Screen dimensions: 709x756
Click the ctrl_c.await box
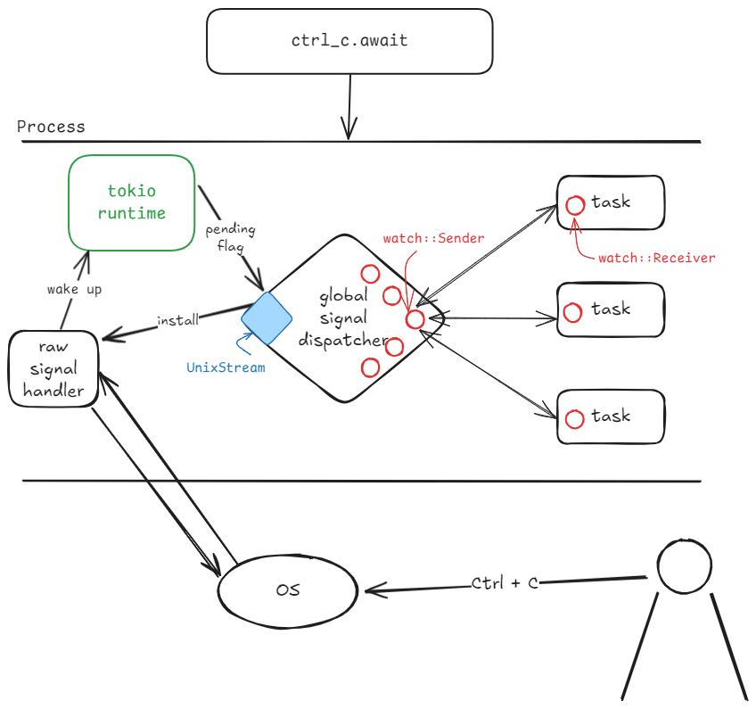349,41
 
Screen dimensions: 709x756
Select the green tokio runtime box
132,202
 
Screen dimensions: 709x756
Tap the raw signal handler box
53,368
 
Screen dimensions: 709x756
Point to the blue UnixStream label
226,367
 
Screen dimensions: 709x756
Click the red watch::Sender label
433,239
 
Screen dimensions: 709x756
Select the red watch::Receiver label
656,258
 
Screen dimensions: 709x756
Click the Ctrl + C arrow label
505,583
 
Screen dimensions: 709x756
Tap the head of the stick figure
685,566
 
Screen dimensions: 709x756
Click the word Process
51,127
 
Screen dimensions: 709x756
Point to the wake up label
74,290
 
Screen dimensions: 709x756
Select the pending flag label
229,237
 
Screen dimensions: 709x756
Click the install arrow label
177,319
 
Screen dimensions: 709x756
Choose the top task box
611,202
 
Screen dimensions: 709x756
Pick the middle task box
611,309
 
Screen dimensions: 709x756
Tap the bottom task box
611,416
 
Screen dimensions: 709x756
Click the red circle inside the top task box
575,204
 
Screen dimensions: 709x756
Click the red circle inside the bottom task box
575,418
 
